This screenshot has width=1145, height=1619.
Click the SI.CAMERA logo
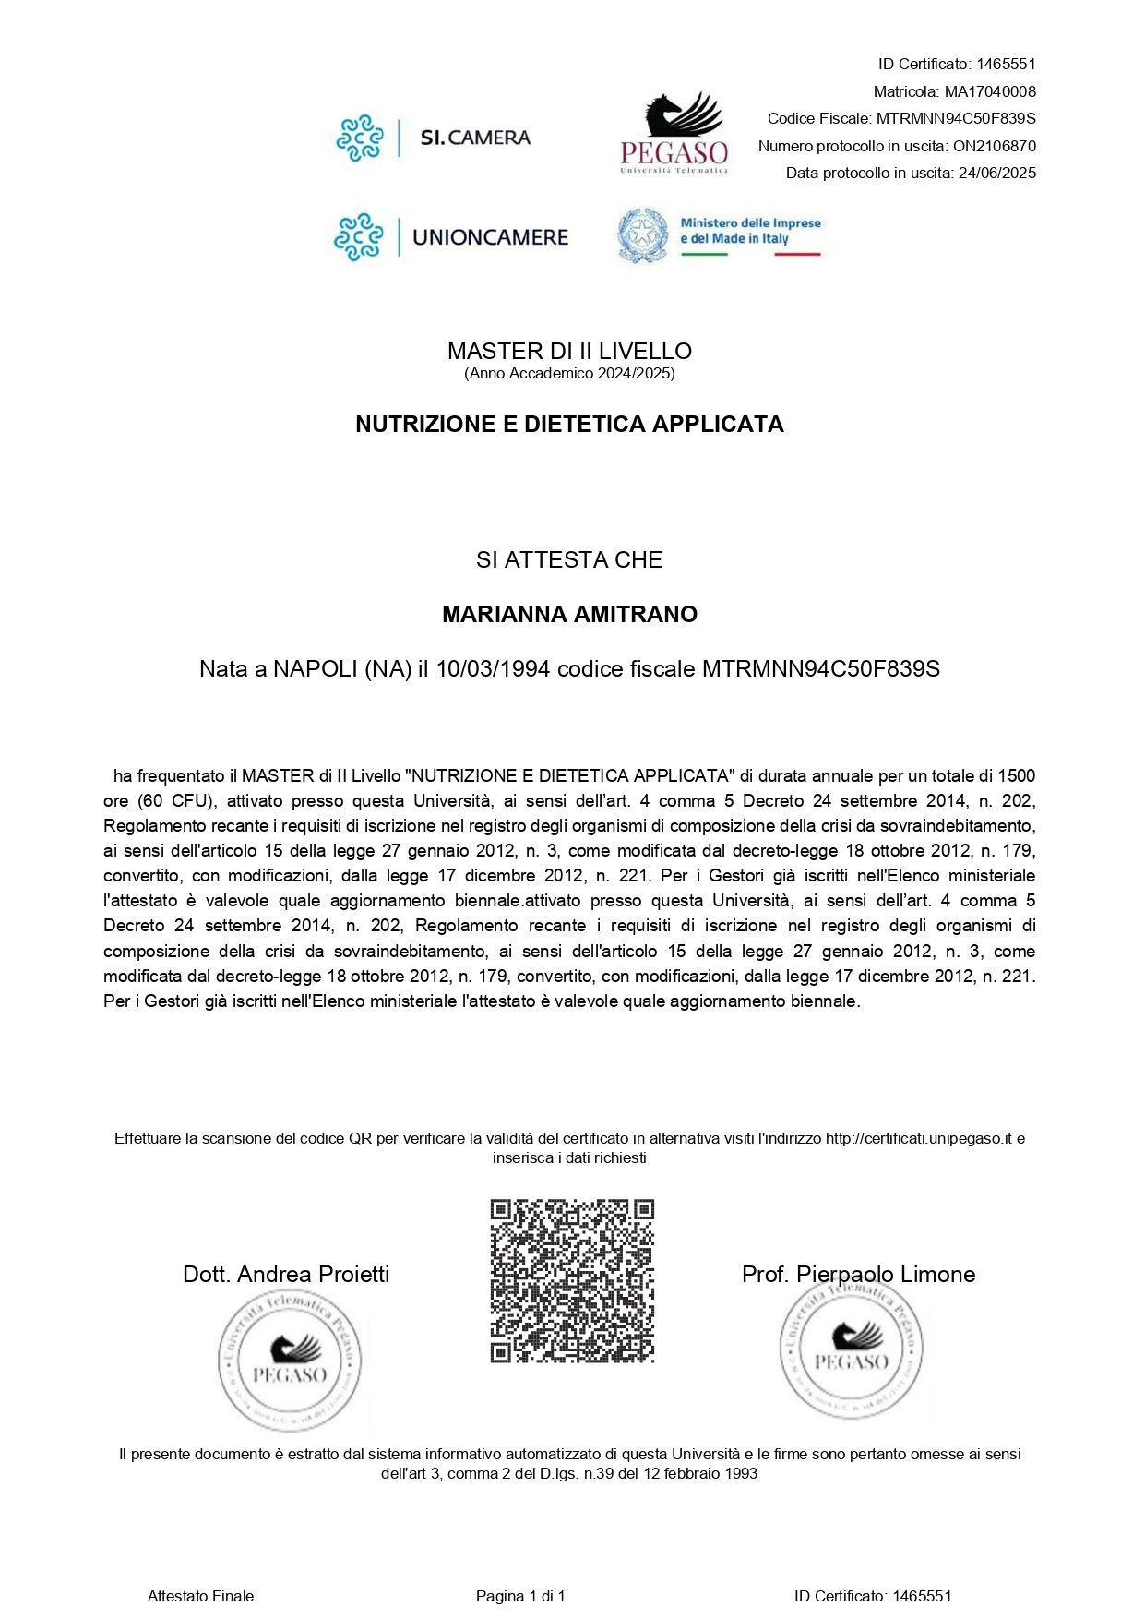point(434,138)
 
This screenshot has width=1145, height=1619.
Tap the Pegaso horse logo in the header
point(674,133)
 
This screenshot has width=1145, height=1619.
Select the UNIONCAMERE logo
point(451,237)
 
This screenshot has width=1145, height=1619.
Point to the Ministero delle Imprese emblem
point(643,235)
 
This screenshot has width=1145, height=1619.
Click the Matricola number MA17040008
point(990,91)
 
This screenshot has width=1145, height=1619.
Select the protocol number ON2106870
point(995,146)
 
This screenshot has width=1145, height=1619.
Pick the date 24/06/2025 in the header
point(997,173)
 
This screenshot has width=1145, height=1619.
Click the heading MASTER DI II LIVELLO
point(569,351)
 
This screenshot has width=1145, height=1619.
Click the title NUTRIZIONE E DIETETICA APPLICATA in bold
point(569,424)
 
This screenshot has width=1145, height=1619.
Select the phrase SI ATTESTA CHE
point(569,559)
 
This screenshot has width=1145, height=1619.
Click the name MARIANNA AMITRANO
point(569,614)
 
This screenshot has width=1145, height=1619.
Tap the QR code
point(572,1280)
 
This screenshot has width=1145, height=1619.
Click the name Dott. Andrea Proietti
point(286,1274)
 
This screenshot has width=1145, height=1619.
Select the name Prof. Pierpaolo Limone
point(858,1274)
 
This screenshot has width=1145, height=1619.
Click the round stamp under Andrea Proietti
point(290,1361)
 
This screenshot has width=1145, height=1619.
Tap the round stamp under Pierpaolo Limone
point(852,1349)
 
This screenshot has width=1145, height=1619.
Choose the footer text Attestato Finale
point(200,1596)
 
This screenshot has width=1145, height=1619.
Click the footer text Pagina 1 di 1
point(520,1596)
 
